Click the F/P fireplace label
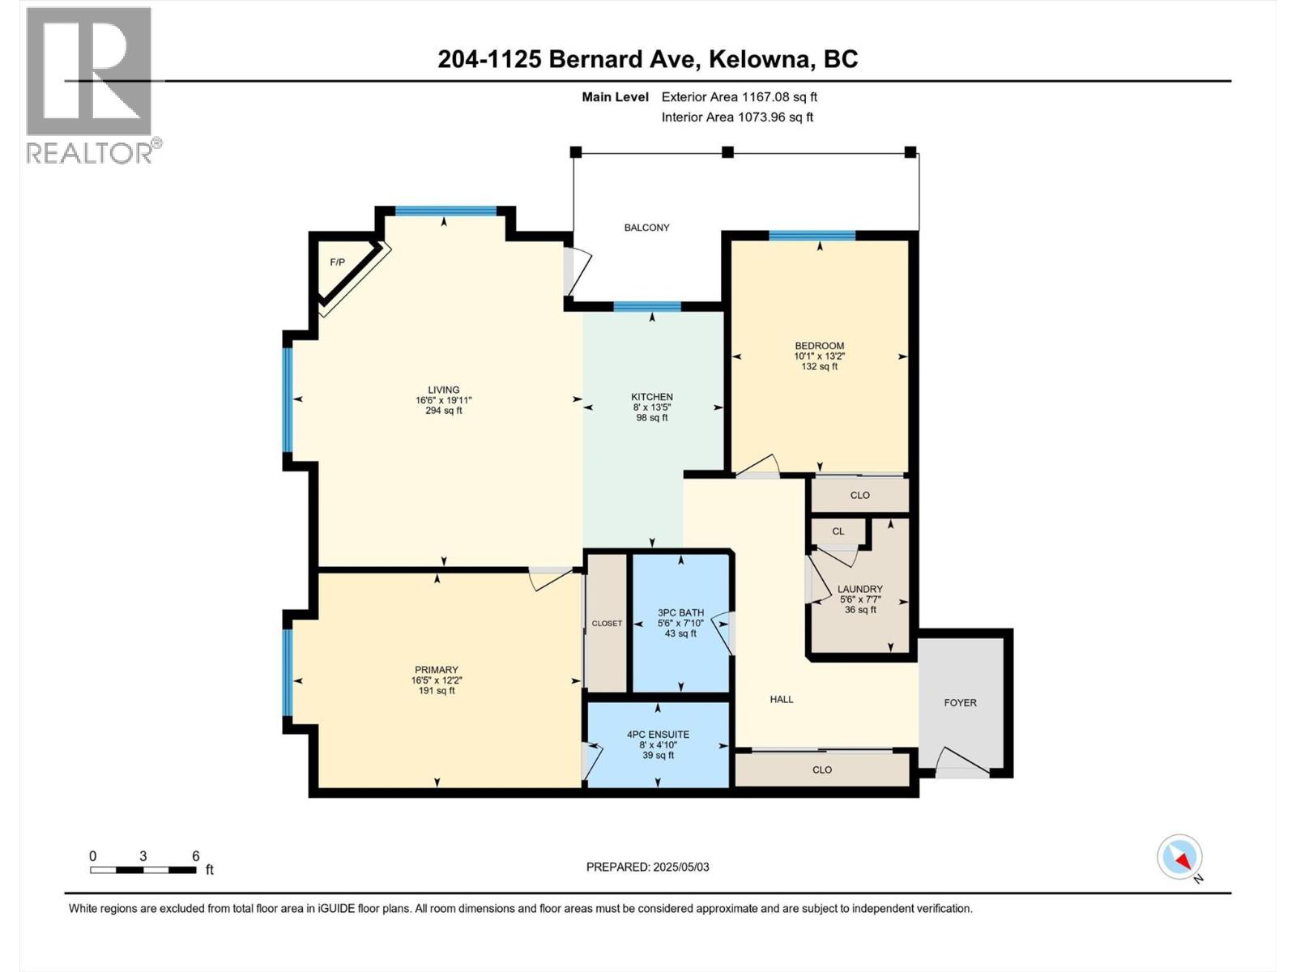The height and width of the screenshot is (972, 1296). click(337, 262)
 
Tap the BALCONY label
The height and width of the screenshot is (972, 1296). click(646, 228)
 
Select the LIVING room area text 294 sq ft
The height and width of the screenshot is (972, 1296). click(444, 411)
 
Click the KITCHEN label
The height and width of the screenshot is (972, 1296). click(652, 397)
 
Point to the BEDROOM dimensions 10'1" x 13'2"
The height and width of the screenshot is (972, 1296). click(819, 356)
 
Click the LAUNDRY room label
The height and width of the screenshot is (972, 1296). click(860, 589)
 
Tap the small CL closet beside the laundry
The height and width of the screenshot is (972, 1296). click(838, 531)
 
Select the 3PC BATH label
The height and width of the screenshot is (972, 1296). click(680, 612)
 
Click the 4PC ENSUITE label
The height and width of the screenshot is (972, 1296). click(658, 735)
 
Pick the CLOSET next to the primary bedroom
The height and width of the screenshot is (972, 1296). click(607, 623)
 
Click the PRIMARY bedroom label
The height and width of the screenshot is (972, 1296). click(437, 670)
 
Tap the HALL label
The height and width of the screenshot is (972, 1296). click(782, 699)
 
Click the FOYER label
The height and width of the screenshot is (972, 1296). click(961, 702)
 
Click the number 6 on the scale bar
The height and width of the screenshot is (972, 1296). click(195, 856)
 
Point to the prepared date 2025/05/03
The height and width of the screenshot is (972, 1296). click(680, 867)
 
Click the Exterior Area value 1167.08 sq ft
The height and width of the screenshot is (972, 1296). click(779, 96)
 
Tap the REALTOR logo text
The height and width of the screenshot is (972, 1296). click(89, 152)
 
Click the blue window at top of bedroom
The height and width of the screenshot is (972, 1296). click(812, 236)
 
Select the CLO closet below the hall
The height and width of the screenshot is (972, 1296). click(821, 769)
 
